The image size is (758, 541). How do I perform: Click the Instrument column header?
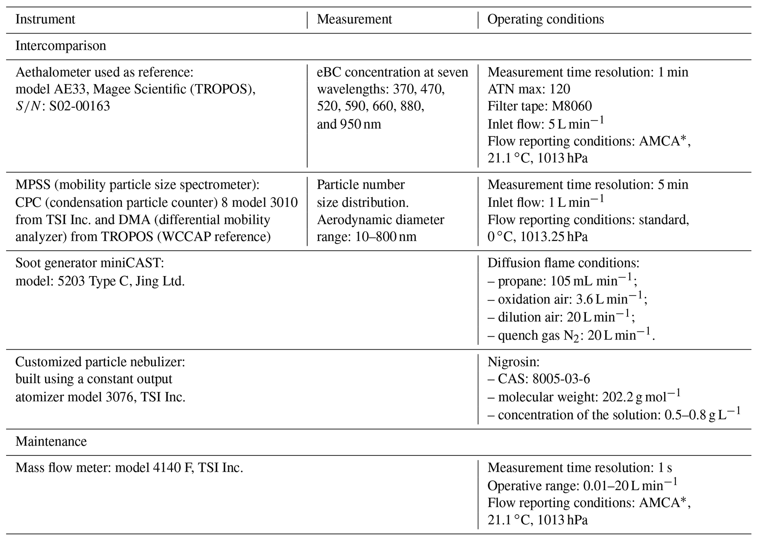(x=45, y=19)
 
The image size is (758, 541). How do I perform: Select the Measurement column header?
(x=354, y=19)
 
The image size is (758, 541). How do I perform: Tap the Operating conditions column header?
(x=545, y=19)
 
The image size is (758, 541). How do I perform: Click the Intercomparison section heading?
(x=61, y=46)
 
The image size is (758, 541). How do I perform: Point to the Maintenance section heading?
(x=51, y=441)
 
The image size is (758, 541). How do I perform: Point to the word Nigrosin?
(x=513, y=362)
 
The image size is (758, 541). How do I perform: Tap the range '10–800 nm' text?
(x=386, y=237)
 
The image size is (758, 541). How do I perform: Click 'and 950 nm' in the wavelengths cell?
(x=349, y=124)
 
